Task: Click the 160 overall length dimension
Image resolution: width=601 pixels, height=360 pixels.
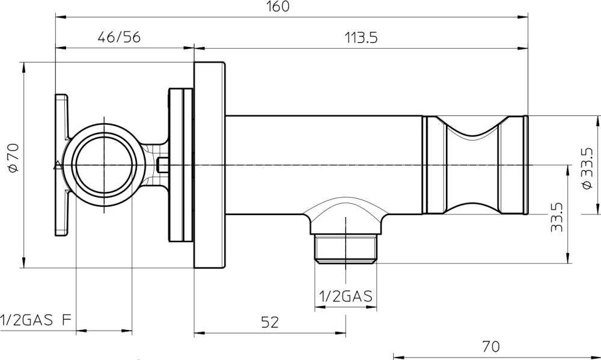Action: (278, 6)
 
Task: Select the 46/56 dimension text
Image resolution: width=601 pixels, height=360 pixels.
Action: (119, 37)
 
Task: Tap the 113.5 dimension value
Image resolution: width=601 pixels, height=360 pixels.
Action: (361, 38)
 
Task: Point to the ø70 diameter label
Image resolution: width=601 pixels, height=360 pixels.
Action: (13, 157)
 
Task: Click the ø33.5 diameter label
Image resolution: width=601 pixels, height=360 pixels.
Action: (587, 168)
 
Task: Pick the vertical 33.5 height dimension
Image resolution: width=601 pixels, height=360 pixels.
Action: (557, 217)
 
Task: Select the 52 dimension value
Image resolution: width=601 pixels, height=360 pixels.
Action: (270, 322)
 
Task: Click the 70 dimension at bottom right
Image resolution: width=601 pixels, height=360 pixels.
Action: (491, 347)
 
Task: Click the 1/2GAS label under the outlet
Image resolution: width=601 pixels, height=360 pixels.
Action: (346, 296)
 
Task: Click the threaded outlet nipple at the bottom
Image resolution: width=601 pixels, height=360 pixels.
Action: (346, 249)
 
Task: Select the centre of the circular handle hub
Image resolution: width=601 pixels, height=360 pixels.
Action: (104, 165)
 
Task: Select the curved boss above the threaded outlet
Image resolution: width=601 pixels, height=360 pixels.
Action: (346, 216)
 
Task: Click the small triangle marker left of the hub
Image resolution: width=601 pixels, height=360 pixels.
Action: (57, 165)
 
